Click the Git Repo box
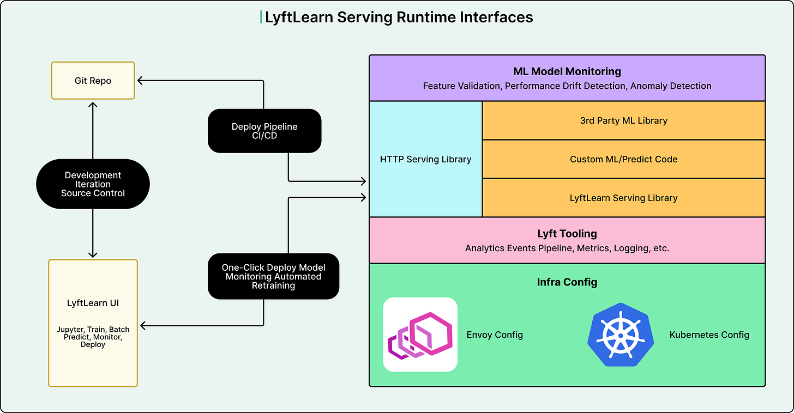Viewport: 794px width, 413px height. pos(93,81)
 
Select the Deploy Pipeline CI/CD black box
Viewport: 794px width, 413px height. pos(264,131)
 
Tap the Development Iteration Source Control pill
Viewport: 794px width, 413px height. pos(93,184)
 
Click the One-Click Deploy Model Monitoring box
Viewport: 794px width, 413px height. pos(273,276)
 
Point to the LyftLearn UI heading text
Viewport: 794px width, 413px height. pos(93,303)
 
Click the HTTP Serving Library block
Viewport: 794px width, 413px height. pos(425,159)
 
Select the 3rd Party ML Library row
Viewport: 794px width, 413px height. pos(623,120)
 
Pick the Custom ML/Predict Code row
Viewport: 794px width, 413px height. pos(623,159)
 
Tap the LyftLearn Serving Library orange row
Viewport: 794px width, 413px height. pos(623,198)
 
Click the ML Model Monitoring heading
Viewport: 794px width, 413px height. pos(567,71)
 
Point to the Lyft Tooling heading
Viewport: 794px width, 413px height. pos(567,234)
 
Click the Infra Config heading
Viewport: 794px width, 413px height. pos(567,282)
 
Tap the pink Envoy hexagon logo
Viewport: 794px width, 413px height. pos(420,335)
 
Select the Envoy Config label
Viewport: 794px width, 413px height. pos(495,335)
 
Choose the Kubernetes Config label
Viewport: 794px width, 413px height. pos(709,335)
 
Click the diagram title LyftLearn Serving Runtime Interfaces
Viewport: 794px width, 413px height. pos(399,17)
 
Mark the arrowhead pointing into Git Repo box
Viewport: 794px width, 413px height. pos(140,81)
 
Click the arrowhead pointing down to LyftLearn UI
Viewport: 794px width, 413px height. pos(93,254)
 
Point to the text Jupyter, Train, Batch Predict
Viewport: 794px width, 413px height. pos(93,333)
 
